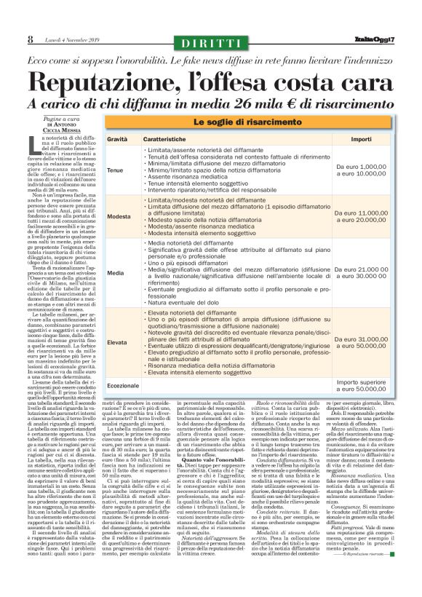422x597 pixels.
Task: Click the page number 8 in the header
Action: pyautogui.click(x=30, y=39)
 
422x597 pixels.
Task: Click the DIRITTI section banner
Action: pyautogui.click(x=210, y=43)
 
